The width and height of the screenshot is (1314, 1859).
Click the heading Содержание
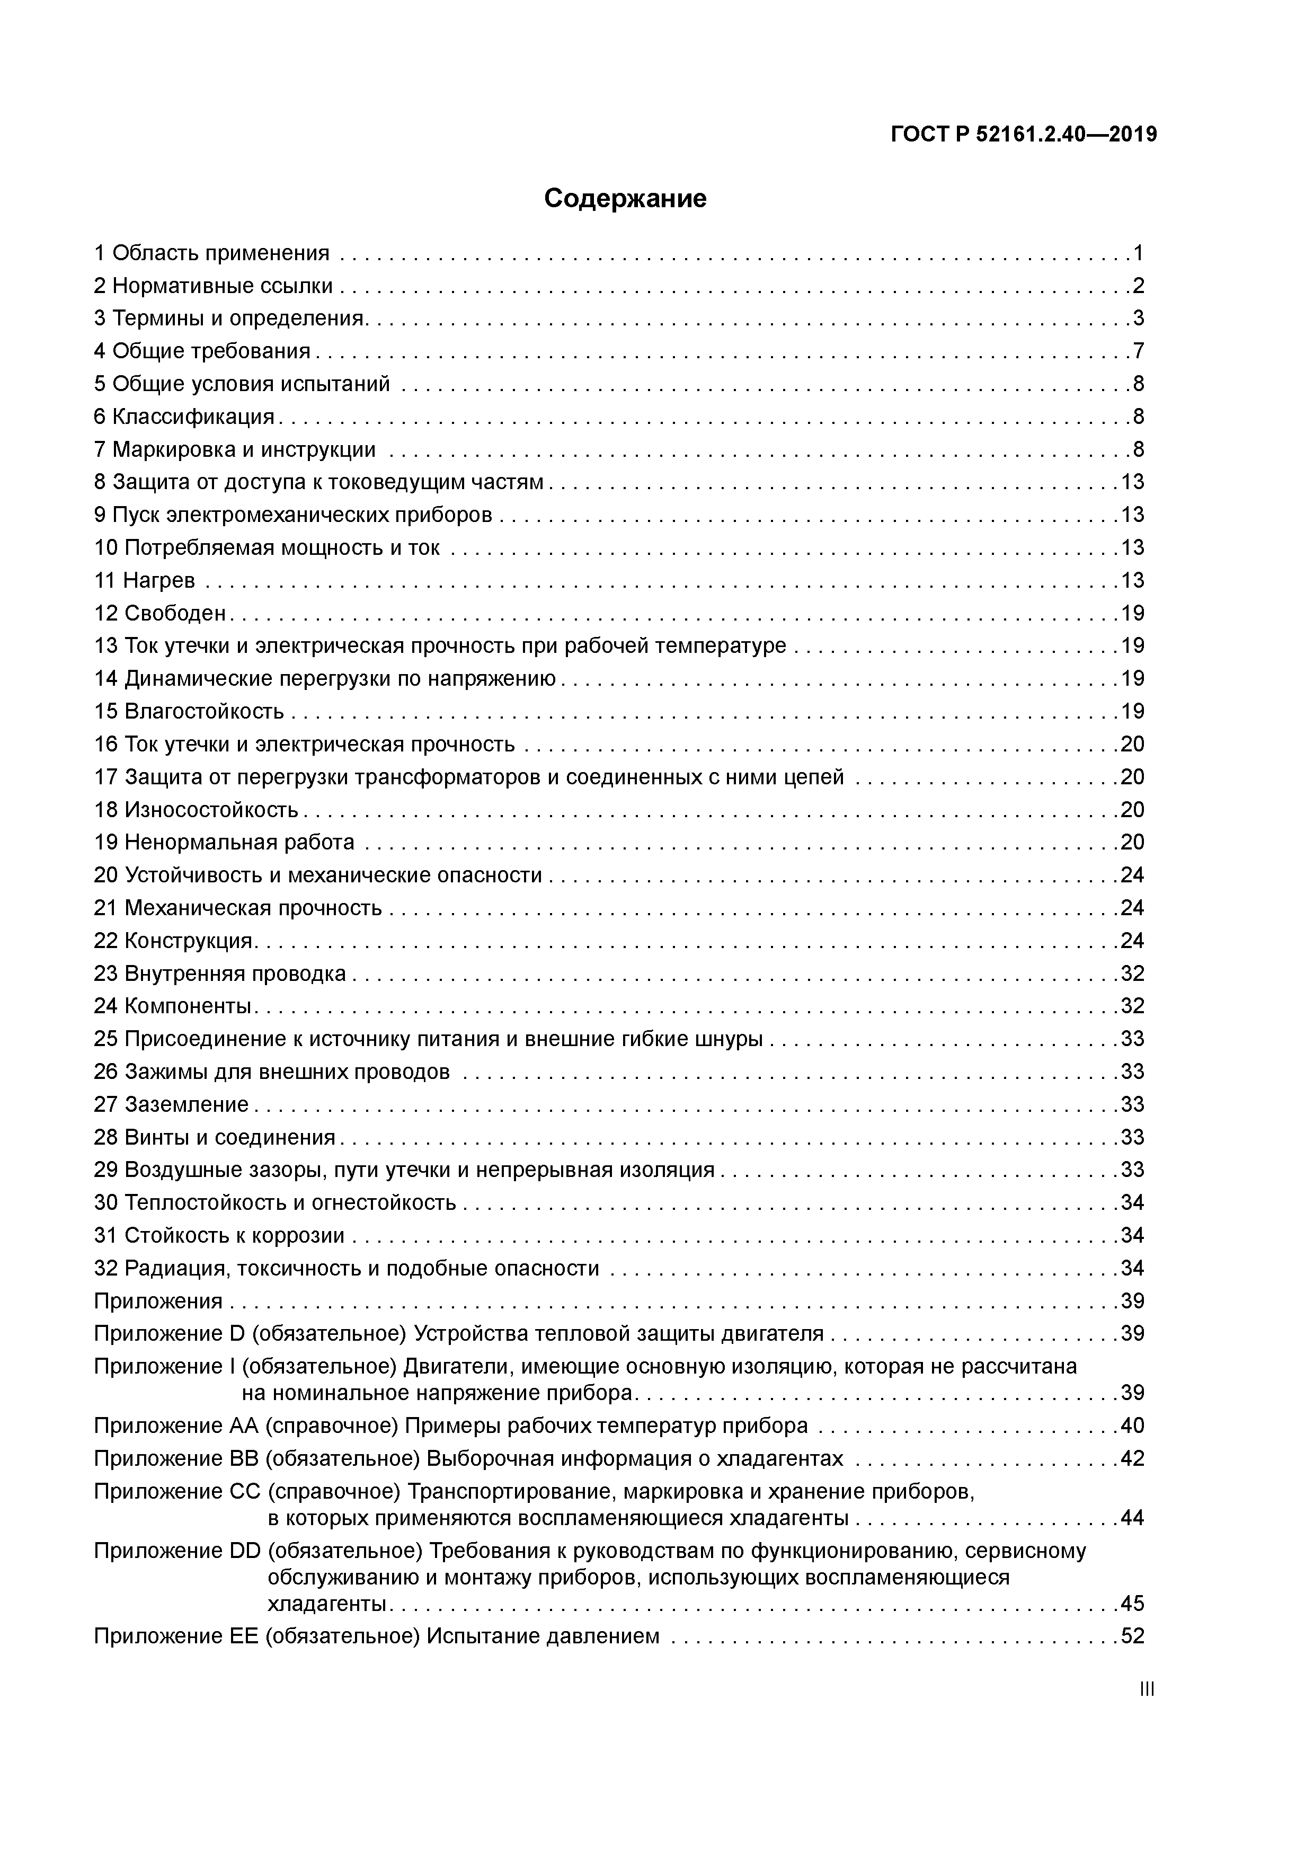[x=625, y=198]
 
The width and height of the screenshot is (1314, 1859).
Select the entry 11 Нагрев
[x=145, y=580]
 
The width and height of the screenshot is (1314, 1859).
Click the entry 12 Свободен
[x=161, y=613]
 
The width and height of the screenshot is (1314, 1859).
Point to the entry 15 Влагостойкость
[x=190, y=712]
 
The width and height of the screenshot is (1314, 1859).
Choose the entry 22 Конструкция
[x=175, y=941]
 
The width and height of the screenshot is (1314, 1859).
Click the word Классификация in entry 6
[x=193, y=417]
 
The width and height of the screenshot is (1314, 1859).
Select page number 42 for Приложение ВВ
[x=1133, y=1459]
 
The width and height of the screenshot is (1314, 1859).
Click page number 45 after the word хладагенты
[x=1133, y=1603]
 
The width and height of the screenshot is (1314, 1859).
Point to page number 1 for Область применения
[x=1138, y=253]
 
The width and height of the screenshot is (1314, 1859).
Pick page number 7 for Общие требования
[x=1138, y=351]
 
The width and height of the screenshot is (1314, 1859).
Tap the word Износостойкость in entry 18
[x=211, y=810]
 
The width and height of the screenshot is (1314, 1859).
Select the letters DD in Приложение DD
[x=245, y=1551]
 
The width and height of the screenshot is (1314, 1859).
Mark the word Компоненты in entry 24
[x=188, y=1006]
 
